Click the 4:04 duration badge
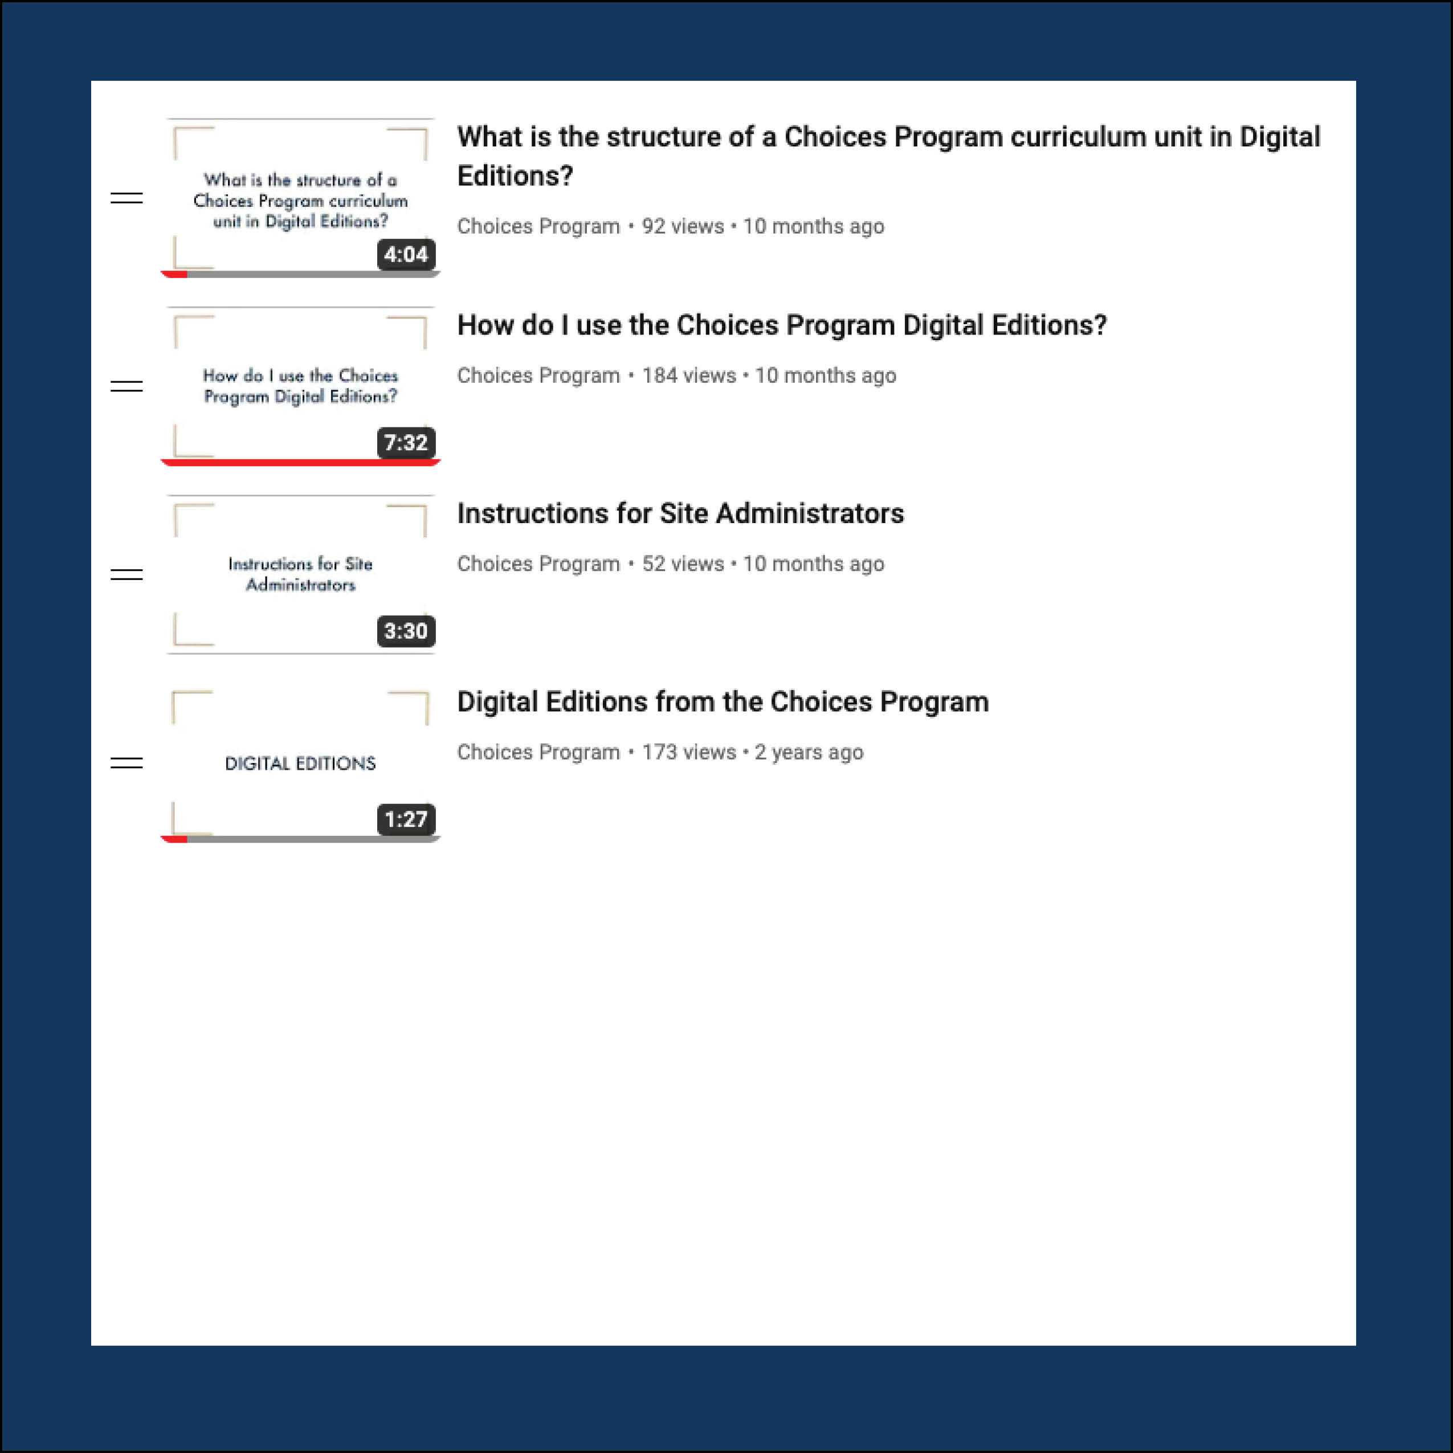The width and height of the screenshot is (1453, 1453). point(405,255)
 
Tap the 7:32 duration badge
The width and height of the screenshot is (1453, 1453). point(405,443)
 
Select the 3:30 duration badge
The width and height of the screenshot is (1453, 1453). point(405,631)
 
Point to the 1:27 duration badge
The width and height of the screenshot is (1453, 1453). point(405,819)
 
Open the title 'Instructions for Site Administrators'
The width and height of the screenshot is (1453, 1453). point(680,513)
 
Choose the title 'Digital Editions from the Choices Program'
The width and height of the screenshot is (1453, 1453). point(722,701)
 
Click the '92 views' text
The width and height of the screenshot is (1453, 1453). point(682,226)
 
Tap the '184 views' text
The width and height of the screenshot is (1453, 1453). point(688,376)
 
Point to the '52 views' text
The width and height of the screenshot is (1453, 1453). point(682,564)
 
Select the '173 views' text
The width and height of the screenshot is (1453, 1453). point(688,752)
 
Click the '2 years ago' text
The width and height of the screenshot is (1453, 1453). point(809,752)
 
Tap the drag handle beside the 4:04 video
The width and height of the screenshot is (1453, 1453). point(126,198)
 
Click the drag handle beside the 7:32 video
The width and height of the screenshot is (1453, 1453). point(126,386)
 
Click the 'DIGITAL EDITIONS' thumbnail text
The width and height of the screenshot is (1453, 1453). point(300,764)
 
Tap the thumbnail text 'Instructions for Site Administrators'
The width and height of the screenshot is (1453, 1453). point(300,574)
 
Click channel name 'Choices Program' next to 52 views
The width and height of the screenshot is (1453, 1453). point(538,564)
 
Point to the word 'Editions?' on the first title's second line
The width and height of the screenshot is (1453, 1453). point(515,176)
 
